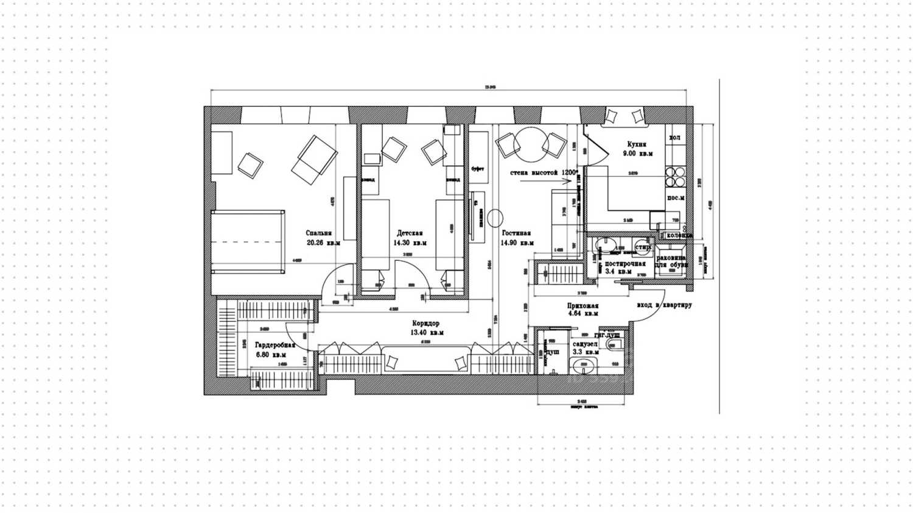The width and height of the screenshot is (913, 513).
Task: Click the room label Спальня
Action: [x=319, y=233]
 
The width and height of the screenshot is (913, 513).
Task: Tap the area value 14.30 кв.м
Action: [x=410, y=242]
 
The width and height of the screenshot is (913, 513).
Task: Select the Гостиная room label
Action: [x=516, y=233]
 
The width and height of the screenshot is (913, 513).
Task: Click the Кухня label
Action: [x=637, y=144]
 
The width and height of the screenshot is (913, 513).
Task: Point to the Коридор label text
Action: [x=425, y=324]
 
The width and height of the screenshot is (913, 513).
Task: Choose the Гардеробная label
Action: [x=275, y=344]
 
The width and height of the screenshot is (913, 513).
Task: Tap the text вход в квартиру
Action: [x=664, y=305]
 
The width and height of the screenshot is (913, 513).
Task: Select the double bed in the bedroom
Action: [x=248, y=242]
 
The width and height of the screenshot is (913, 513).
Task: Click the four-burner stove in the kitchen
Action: [x=675, y=176]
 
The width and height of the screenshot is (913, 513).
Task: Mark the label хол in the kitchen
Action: [x=674, y=138]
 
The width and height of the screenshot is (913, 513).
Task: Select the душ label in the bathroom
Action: [x=552, y=352]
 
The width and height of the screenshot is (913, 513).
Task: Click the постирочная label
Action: [x=624, y=264]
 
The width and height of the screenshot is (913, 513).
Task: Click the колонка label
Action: [x=679, y=235]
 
